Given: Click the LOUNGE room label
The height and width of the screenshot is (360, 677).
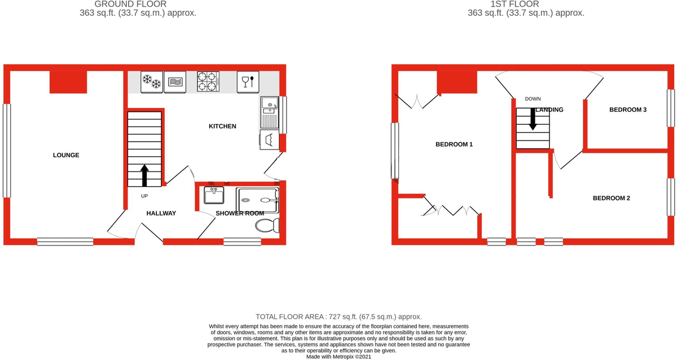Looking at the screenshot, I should click(66, 155).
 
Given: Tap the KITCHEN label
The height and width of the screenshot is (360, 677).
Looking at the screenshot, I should click(223, 126).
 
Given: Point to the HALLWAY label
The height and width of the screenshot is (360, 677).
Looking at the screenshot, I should click(161, 213).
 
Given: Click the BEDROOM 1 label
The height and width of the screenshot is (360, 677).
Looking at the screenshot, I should click(454, 144).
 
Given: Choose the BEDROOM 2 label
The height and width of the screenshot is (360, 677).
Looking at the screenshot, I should click(611, 198).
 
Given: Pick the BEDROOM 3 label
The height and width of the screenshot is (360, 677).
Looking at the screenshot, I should click(627, 109).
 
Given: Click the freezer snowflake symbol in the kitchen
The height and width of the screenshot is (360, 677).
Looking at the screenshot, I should click(151, 82).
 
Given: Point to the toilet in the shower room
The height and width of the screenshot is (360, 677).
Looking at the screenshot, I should click(267, 226).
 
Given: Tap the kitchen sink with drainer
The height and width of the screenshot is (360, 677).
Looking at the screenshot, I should click(269, 112).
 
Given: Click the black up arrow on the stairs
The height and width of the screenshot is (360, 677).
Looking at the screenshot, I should click(145, 175).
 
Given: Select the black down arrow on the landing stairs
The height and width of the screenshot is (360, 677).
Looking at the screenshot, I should click(532, 118).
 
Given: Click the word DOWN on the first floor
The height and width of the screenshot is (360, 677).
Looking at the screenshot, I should click(533, 99).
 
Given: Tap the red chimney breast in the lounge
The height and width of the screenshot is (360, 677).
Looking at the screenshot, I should click(68, 82).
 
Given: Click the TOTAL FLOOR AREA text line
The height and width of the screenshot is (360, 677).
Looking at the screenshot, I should click(338, 317).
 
